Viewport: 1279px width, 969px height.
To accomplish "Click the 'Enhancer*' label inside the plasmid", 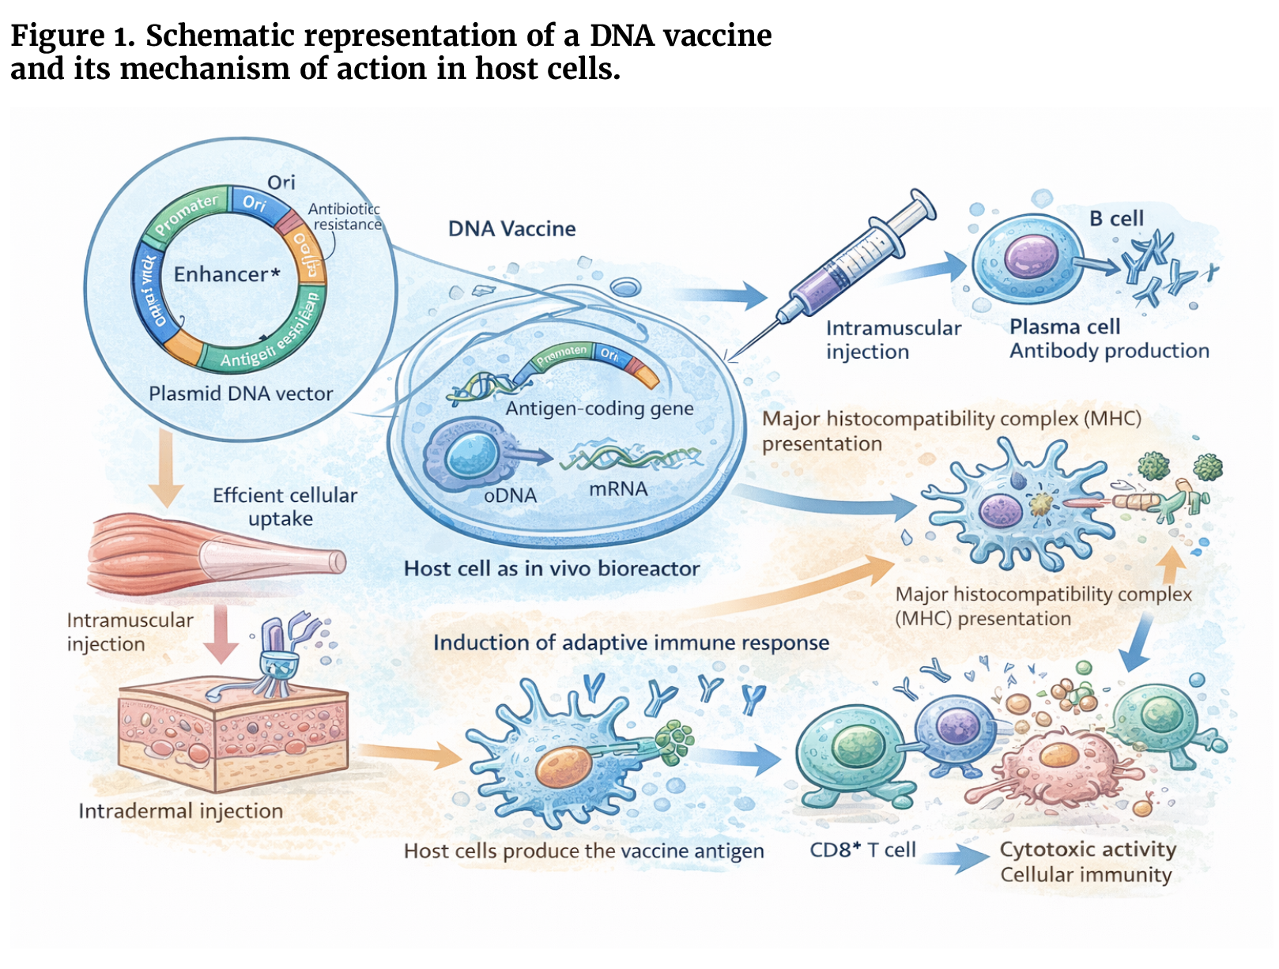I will (227, 274).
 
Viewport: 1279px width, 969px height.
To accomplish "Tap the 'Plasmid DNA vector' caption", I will (240, 394).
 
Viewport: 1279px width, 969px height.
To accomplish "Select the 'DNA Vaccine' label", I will (511, 229).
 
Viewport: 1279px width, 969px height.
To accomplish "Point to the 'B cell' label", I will (1116, 218).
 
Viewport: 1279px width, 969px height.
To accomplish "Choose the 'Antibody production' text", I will (1109, 351).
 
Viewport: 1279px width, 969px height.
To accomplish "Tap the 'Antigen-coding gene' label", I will (599, 409).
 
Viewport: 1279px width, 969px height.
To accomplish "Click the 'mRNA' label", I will (618, 489).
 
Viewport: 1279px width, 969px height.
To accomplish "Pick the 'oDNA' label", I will (510, 496).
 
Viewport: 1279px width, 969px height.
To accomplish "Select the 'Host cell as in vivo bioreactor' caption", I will (552, 568).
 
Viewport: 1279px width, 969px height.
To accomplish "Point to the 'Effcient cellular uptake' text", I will (285, 507).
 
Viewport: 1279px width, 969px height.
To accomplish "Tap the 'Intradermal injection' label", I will (180, 811).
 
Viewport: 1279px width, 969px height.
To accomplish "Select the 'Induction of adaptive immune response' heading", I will (631, 643).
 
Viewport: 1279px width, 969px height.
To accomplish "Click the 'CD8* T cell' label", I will (862, 850).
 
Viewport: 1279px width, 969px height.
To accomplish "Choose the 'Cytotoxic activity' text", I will (1088, 849).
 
